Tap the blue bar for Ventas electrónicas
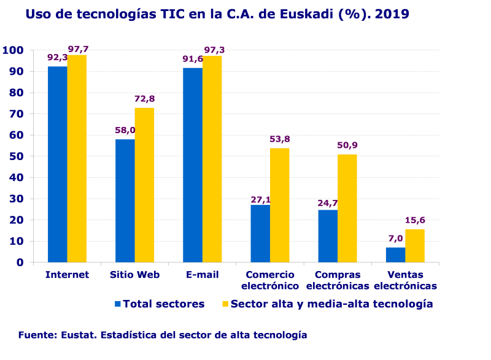click(395, 255)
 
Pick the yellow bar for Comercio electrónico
click(279, 205)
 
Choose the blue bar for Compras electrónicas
click(328, 236)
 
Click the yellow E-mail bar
click(212, 159)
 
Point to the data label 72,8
click(144, 99)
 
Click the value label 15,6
click(415, 220)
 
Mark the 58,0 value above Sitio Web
click(125, 130)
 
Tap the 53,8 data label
click(279, 139)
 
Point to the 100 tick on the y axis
click(13, 50)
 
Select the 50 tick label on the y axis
click(17, 156)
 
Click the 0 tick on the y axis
click(20, 262)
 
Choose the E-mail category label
click(202, 275)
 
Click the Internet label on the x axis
click(67, 275)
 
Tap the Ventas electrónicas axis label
click(405, 280)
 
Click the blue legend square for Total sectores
click(118, 304)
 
